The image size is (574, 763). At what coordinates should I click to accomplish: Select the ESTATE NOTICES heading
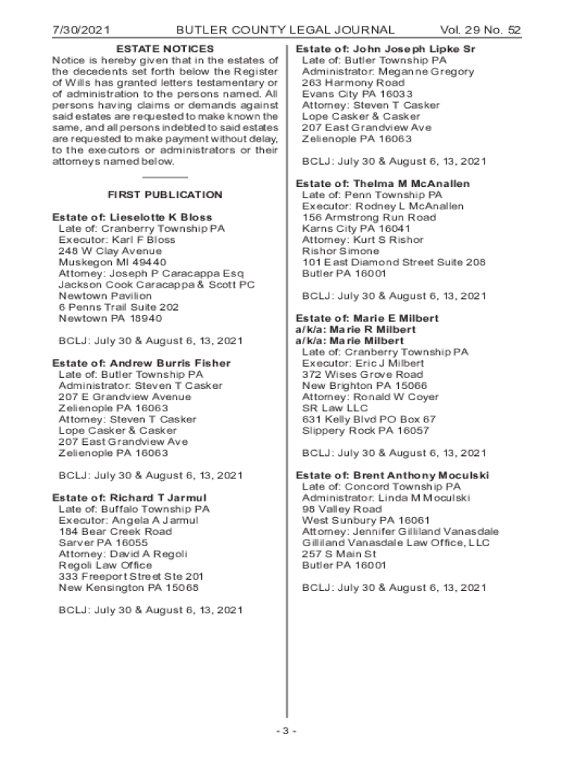coord(165,48)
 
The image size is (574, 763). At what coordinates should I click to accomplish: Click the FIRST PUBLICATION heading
coord(165,195)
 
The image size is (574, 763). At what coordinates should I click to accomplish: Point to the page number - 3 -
coord(286,730)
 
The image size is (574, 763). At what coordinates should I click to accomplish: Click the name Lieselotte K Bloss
coord(165,218)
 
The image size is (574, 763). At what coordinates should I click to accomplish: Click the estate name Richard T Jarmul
coord(158,498)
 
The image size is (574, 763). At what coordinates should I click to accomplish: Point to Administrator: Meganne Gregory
coord(388,72)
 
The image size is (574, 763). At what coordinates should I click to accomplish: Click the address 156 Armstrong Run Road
coord(369,218)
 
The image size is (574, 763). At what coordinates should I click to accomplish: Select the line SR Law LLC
coord(335,408)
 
